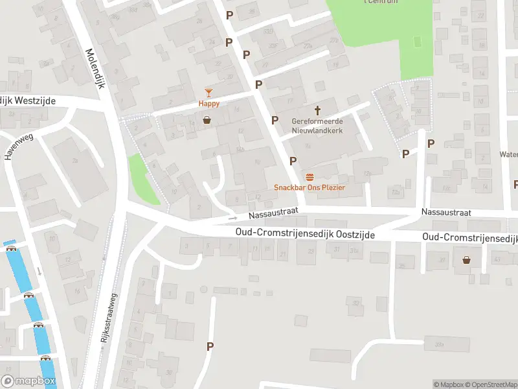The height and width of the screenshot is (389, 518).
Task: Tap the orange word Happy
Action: [x=208, y=104]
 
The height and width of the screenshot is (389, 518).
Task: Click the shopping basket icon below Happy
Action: [x=207, y=119]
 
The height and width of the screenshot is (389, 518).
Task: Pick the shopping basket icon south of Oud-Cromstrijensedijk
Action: [x=466, y=260]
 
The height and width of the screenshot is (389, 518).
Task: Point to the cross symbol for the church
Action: [x=317, y=111]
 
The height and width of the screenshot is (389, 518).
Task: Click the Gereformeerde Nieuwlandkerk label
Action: [x=317, y=126]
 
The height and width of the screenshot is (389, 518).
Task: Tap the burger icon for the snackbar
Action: [x=310, y=178]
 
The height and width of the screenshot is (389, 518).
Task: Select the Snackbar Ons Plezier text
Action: [x=310, y=187]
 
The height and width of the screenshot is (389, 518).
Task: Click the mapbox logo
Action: [x=28, y=381]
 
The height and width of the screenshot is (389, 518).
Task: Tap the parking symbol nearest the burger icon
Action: [x=293, y=161]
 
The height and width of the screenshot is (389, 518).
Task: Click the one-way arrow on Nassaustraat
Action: [x=232, y=218]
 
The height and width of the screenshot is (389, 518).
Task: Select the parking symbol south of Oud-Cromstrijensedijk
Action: [x=209, y=346]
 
